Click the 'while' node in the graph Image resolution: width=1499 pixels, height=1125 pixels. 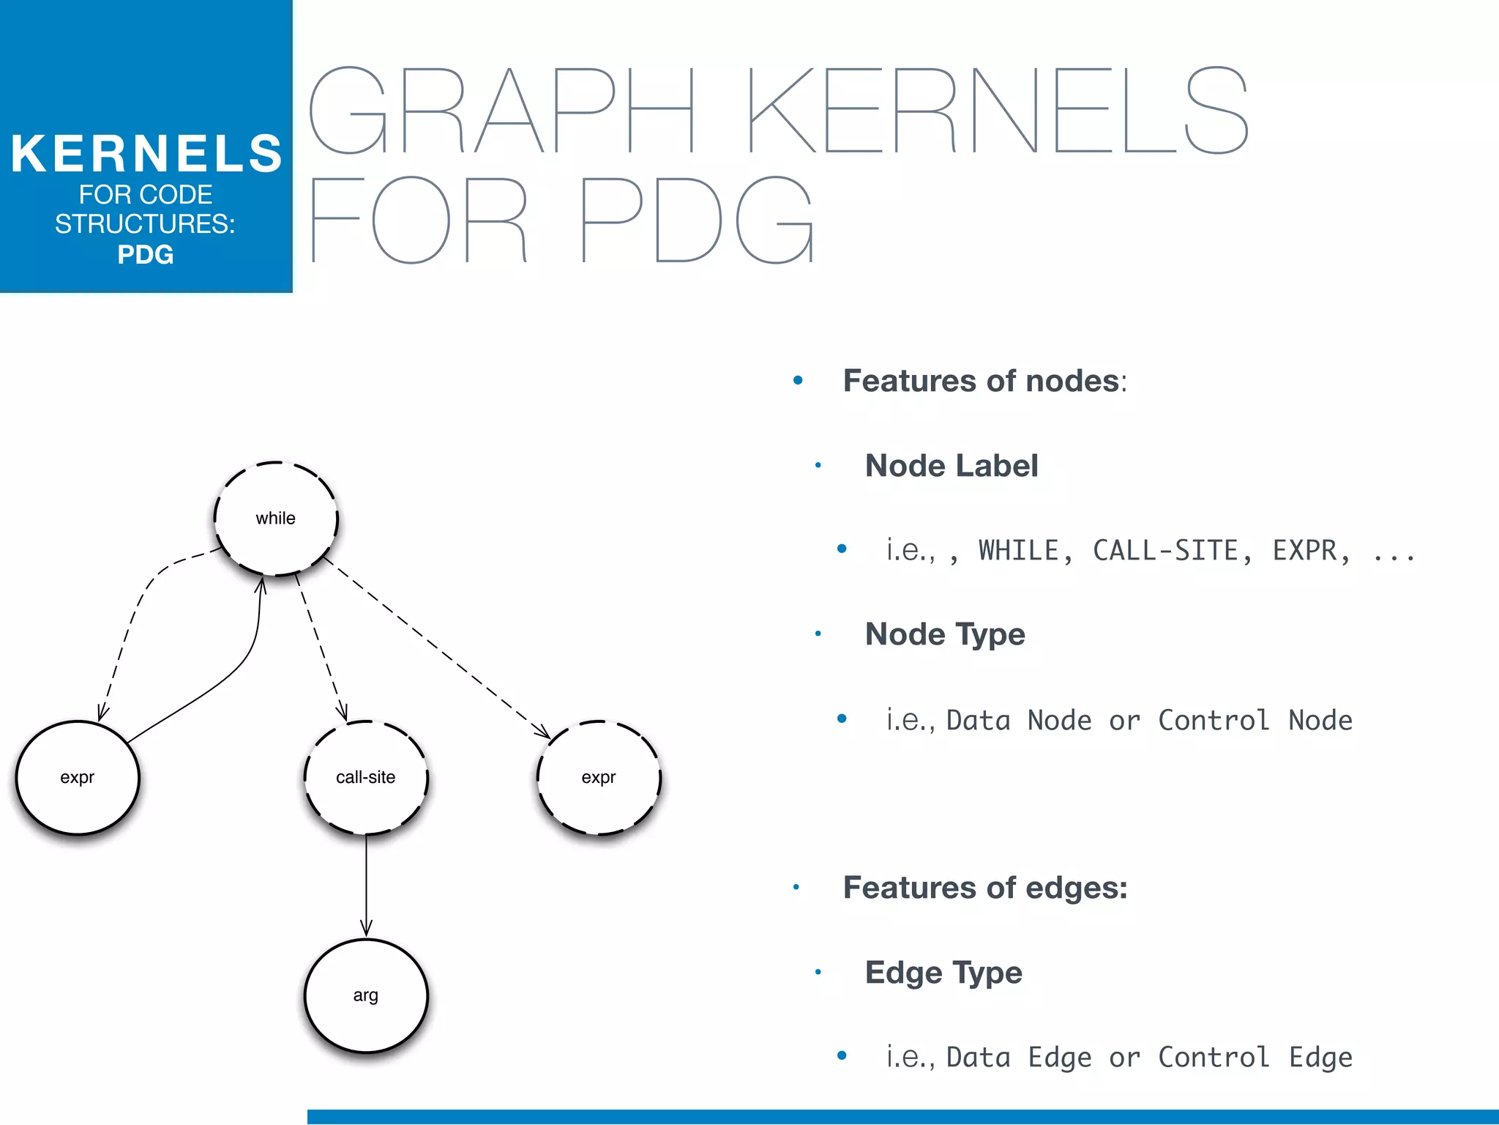(276, 518)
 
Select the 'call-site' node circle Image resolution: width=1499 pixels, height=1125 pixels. (366, 777)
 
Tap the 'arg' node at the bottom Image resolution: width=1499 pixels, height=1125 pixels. (366, 995)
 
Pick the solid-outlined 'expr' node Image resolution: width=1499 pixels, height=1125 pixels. (78, 777)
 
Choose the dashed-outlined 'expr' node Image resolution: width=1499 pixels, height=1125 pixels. (599, 777)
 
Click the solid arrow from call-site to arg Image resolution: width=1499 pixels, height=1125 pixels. (366, 886)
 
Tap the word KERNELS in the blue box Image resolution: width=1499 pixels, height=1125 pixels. (146, 154)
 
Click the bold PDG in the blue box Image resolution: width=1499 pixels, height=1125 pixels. (146, 255)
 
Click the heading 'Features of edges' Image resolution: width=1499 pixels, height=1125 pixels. (984, 888)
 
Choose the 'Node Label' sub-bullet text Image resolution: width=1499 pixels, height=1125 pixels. (951, 466)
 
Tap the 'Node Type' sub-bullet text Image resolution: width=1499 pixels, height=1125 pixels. (945, 634)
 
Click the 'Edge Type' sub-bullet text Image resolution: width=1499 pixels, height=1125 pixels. (943, 973)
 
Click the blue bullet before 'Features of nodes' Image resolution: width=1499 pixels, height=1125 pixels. (798, 380)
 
